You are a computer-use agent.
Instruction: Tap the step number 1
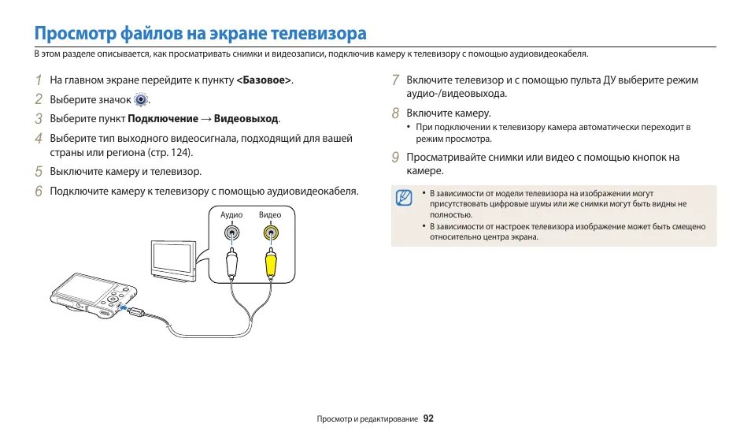coord(38,80)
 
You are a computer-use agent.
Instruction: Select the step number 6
coord(38,191)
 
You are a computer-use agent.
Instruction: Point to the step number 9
coord(395,157)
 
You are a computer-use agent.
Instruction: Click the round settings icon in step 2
coord(141,100)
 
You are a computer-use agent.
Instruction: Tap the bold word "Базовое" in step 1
coord(265,80)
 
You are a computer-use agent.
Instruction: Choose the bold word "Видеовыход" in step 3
coord(246,119)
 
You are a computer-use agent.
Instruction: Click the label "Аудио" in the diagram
coord(231,215)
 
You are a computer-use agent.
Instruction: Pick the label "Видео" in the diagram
coord(270,215)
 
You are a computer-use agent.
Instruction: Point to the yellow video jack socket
coord(270,233)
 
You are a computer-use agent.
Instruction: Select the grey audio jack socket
coord(231,233)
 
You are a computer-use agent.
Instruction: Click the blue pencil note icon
coord(404,198)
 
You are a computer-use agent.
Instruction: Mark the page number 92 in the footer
coord(428,419)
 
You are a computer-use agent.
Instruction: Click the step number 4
coord(38,138)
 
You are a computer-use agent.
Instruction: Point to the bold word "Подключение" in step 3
coord(163,119)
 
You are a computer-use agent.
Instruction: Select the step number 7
coord(395,80)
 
